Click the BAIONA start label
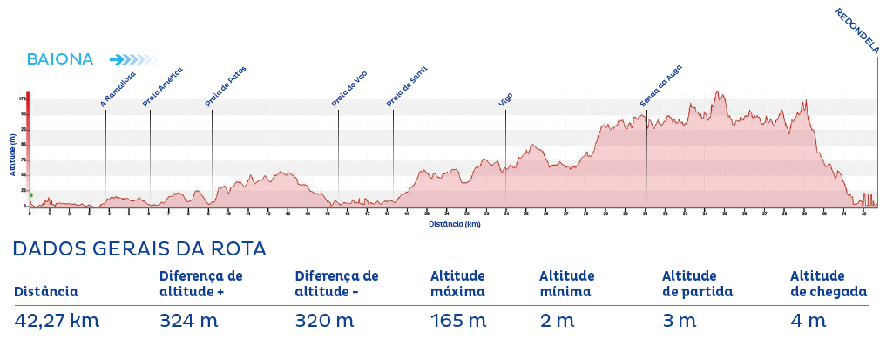(60, 59)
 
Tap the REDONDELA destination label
(857, 31)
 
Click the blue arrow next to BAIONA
(132, 59)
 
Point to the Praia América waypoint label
(163, 87)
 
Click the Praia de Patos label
(227, 87)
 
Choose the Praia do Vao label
(349, 89)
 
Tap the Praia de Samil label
(407, 88)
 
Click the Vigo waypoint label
(506, 99)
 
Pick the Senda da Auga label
(660, 86)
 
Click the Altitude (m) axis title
(13, 154)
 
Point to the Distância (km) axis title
(454, 224)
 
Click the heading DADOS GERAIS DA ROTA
(139, 249)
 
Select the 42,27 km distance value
(58, 321)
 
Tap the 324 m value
(188, 321)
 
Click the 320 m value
(324, 321)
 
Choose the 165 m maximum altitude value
(458, 321)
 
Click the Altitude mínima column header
(566, 284)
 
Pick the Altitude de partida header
(697, 284)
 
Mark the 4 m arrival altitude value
(808, 321)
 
